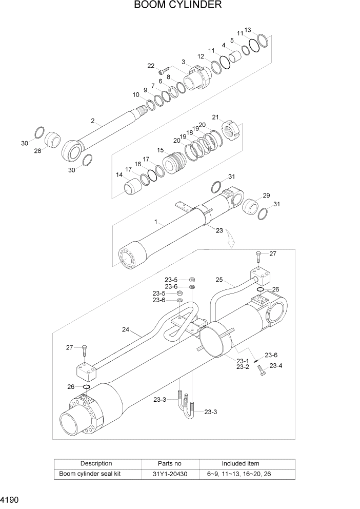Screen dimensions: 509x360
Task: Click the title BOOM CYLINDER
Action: pos(178,6)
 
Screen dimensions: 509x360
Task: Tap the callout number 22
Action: pos(151,65)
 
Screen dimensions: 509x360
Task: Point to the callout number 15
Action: pos(161,150)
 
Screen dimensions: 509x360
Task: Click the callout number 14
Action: pos(119,175)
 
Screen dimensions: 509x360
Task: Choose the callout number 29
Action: pos(266,196)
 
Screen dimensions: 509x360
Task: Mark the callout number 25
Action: pos(219,280)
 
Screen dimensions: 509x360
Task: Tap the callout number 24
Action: pos(125,329)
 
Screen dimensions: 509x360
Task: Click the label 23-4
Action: pos(276,366)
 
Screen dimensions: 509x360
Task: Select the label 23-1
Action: pos(243,361)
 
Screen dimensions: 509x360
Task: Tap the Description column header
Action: pos(96,463)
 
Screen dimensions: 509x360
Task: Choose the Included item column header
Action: pos(240,463)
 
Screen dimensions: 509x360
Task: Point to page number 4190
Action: pos(11,498)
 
